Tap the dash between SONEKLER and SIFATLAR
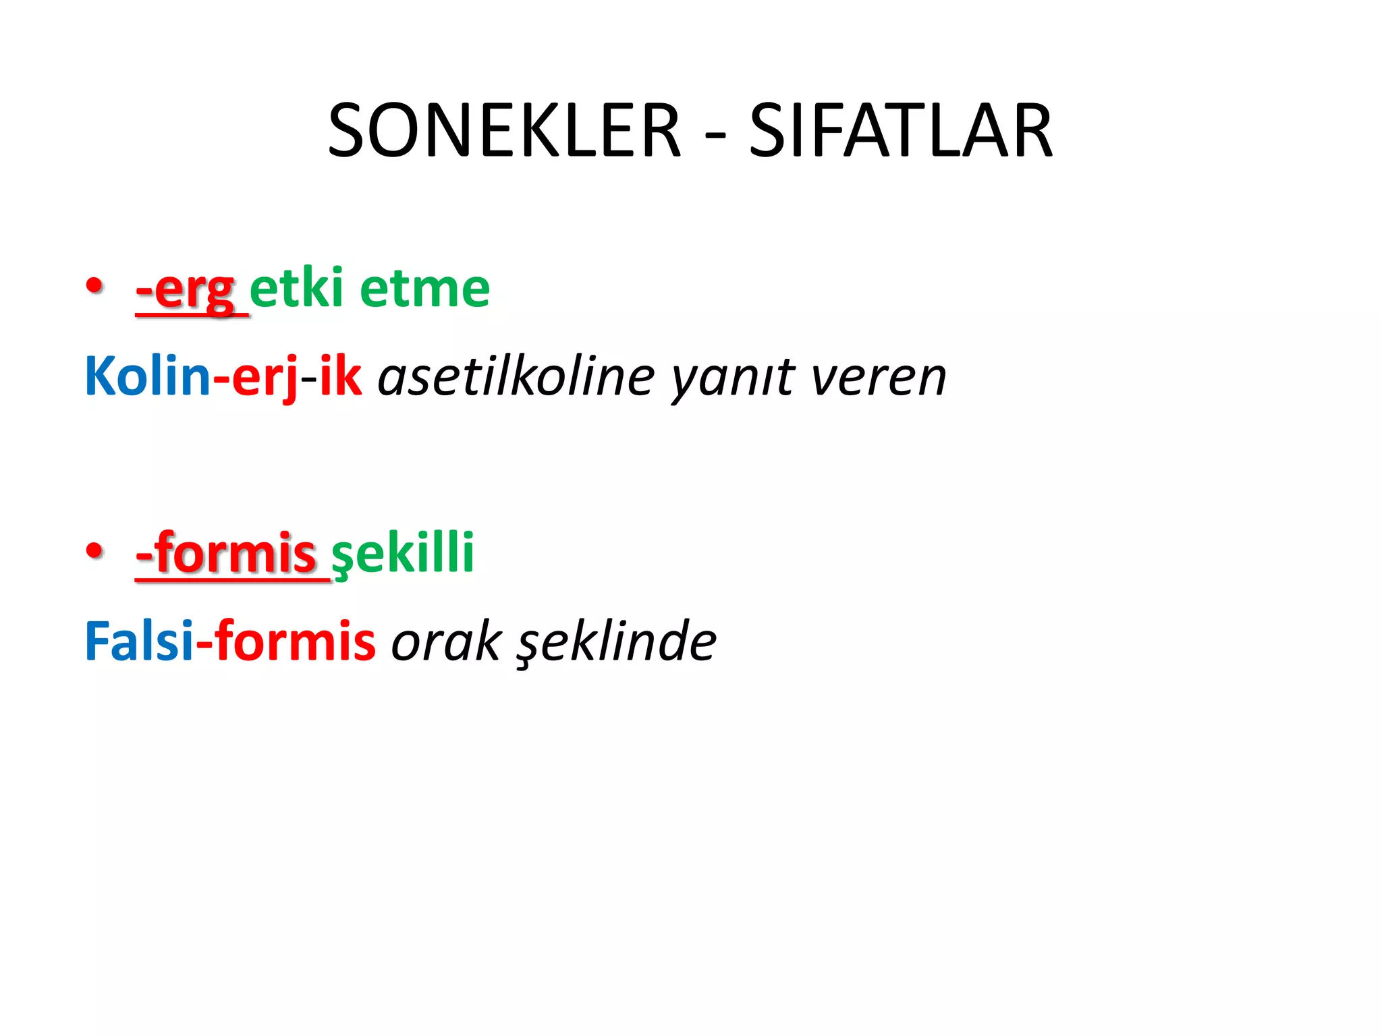pos(715,134)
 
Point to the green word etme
pos(424,289)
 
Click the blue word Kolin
pos(147,376)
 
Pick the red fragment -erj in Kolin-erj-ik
pos(256,377)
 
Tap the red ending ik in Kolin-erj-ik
pos(340,376)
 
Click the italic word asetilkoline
pos(516,376)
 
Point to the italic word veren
pos(878,377)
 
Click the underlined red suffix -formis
pos(226,552)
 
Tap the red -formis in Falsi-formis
pos(285,641)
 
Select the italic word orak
pos(445,641)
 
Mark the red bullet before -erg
pos(94,285)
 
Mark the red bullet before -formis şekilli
pos(94,550)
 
